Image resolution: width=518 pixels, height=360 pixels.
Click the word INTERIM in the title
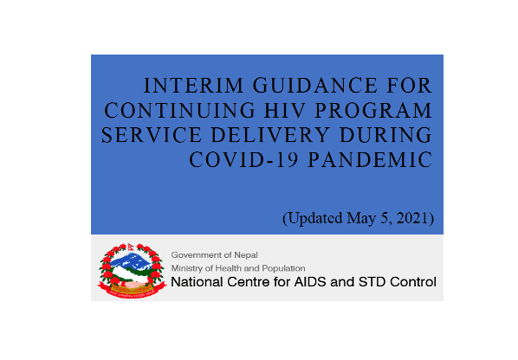point(193,86)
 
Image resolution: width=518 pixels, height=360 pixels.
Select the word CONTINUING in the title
point(179,110)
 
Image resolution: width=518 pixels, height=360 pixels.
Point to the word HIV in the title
point(285,110)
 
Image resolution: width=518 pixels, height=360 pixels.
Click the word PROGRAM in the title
point(373,110)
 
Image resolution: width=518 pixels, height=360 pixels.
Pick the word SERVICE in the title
point(152,135)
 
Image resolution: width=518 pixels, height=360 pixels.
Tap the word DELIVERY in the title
point(270,135)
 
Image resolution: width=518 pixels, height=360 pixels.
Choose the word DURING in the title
point(385,135)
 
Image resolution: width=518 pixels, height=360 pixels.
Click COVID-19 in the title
point(243,160)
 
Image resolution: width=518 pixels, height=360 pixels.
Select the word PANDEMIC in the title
point(371,160)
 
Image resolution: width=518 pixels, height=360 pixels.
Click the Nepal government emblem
point(133,271)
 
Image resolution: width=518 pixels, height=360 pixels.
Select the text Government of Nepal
point(215,255)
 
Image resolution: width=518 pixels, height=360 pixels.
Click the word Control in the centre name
point(413,282)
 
